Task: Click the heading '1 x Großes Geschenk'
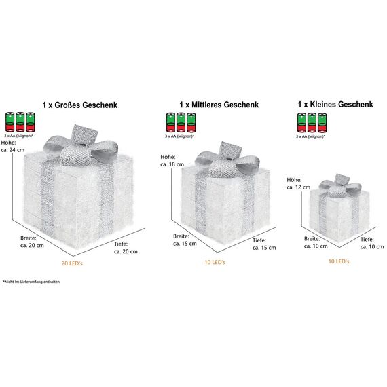[x=79, y=105]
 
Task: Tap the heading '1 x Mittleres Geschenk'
[x=219, y=105]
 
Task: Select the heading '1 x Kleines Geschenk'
[x=335, y=104]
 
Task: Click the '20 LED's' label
[x=72, y=263]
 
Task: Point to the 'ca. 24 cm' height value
[x=13, y=150]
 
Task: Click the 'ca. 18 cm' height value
[x=172, y=164]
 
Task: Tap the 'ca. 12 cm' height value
[x=298, y=187]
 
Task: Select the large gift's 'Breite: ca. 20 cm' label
[x=32, y=242]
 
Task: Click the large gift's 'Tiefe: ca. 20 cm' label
[x=126, y=248]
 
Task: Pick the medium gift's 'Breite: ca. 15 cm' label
[x=185, y=240]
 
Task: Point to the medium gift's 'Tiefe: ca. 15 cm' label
[x=264, y=244]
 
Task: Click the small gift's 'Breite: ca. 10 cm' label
[x=316, y=242]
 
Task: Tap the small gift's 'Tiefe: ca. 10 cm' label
[x=372, y=243]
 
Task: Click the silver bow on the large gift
[x=81, y=146]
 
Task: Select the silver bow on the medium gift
[x=227, y=160]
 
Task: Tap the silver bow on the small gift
[x=340, y=185]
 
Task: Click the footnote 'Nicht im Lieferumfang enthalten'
[x=31, y=282]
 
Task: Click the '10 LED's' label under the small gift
[x=339, y=261]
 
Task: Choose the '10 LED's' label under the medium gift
[x=215, y=262]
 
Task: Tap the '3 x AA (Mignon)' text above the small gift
[x=310, y=136]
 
